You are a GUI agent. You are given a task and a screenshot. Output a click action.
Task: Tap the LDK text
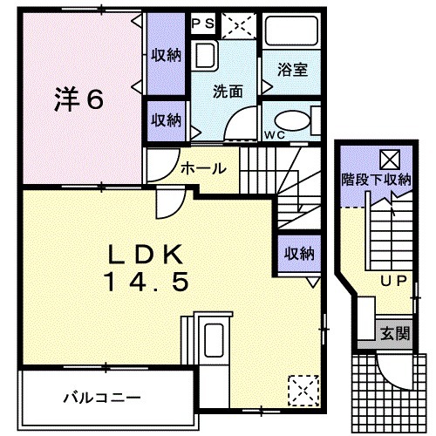coord(146,253)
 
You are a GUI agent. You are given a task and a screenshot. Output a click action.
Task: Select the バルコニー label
coord(100,398)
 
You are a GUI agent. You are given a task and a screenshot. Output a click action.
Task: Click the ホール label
coord(203,168)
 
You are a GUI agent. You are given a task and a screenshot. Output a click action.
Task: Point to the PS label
coord(202,22)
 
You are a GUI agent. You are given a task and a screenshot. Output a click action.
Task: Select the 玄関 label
coord(392,331)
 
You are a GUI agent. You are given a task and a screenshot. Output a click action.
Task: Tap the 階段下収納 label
coord(376,181)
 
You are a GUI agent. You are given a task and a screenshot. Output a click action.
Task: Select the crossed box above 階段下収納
coord(389,159)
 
